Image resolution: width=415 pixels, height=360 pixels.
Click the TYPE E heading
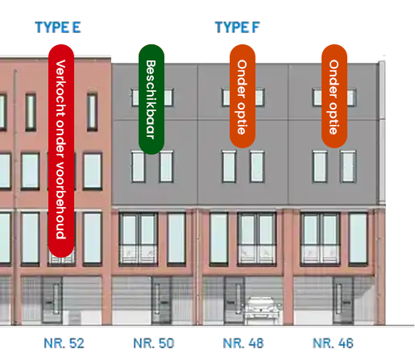(58, 27)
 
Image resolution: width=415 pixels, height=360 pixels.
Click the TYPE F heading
(238, 27)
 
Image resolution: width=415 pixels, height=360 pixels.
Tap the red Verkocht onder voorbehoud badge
(61, 151)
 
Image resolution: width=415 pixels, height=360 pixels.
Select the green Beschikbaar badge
(151, 99)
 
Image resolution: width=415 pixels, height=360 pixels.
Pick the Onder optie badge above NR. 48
(243, 96)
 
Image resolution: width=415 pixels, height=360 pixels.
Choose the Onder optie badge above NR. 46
(334, 96)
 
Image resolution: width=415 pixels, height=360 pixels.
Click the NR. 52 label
(64, 343)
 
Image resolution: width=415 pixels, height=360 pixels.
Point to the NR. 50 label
(154, 343)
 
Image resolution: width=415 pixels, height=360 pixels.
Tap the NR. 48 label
(243, 343)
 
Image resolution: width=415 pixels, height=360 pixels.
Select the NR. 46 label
(333, 343)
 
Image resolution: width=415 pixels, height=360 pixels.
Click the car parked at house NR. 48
(262, 311)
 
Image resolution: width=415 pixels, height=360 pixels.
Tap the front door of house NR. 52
(52, 300)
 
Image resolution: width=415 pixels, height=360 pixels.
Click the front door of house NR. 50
(161, 300)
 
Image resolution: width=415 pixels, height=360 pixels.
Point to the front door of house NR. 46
(343, 300)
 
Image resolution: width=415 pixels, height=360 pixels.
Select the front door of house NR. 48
(234, 300)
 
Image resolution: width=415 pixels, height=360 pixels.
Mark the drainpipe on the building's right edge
(382, 131)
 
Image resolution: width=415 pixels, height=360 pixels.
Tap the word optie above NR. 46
(334, 118)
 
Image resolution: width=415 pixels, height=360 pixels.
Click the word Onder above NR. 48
(242, 79)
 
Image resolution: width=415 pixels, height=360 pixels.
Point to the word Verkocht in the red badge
(60, 89)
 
